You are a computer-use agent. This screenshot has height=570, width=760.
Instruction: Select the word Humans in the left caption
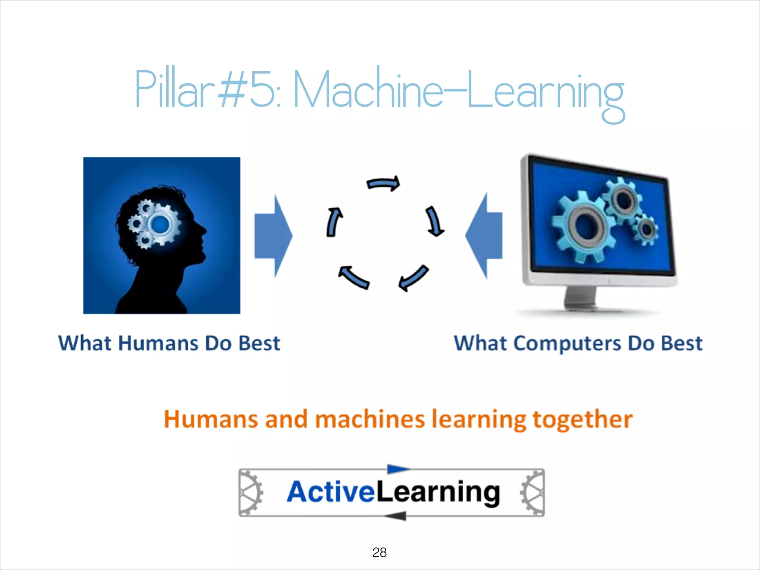[x=158, y=343]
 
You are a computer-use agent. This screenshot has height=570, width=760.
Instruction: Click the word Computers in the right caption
[x=567, y=343]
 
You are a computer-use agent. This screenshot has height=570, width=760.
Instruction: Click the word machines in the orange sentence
[x=370, y=419]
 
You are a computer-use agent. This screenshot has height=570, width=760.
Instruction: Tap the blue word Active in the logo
[x=330, y=492]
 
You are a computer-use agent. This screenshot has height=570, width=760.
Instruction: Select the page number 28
[x=379, y=552]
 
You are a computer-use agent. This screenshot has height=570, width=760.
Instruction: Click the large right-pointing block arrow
[x=273, y=236]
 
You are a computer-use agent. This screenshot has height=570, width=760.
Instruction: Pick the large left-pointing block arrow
[x=484, y=236]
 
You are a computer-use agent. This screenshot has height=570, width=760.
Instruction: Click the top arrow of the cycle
[x=383, y=183]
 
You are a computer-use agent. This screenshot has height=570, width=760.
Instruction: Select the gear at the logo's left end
[x=250, y=493]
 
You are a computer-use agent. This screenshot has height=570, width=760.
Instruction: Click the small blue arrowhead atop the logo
[x=397, y=469]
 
